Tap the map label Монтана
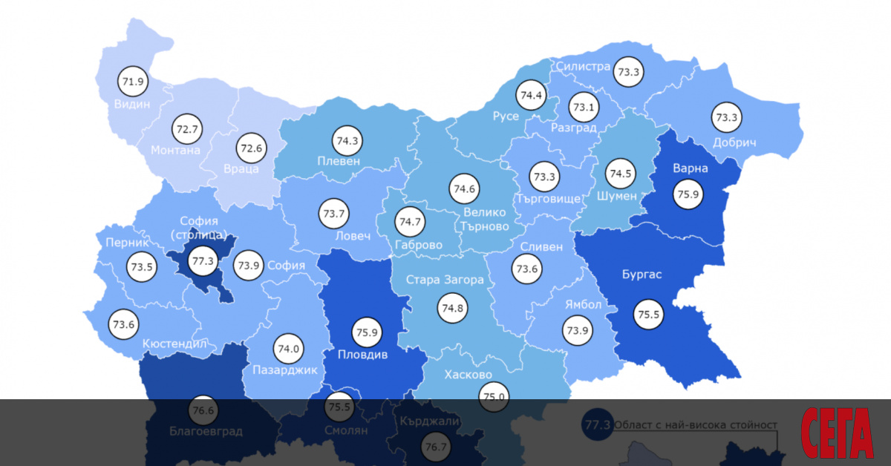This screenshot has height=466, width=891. pyautogui.click(x=175, y=150)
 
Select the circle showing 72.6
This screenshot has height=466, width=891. pyautogui.click(x=250, y=148)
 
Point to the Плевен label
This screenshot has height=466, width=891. pyautogui.click(x=339, y=161)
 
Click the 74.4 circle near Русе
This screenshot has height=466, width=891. pyautogui.click(x=532, y=95)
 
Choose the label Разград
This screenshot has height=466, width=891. pyautogui.click(x=574, y=128)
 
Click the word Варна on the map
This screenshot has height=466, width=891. pyautogui.click(x=691, y=168)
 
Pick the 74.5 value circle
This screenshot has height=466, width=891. pyautogui.click(x=620, y=174)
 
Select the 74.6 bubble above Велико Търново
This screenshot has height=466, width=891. pyautogui.click(x=464, y=188)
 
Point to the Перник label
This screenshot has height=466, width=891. pyautogui.click(x=127, y=243)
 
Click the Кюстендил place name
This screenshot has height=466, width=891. pyautogui.click(x=174, y=344)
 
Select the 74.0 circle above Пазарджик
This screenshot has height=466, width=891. pyautogui.click(x=288, y=348)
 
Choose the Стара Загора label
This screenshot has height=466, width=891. pyautogui.click(x=445, y=280)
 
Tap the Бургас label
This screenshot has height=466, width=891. pyautogui.click(x=642, y=275)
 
